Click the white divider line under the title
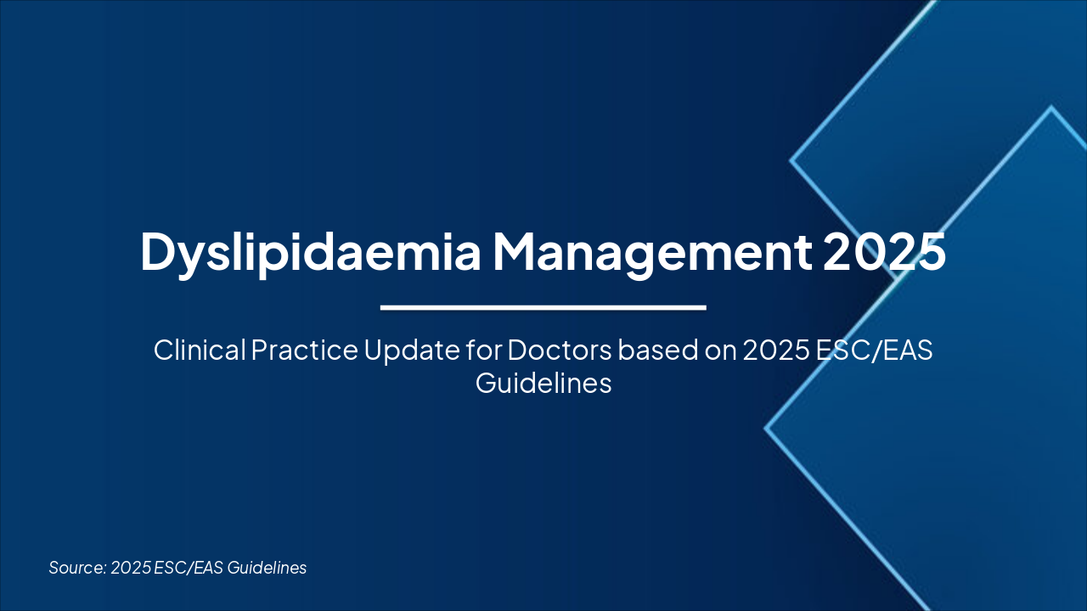pyautogui.click(x=543, y=307)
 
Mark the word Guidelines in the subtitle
pyautogui.click(x=543, y=383)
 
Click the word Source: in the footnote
pyautogui.click(x=76, y=568)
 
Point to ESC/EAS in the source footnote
pyautogui.click(x=189, y=568)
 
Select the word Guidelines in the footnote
pyautogui.click(x=267, y=568)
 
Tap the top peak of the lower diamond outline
pyautogui.click(x=1051, y=108)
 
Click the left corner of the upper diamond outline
pyautogui.click(x=791, y=159)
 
